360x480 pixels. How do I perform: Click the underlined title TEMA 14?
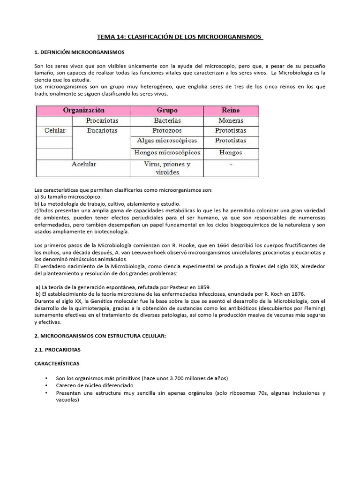click(180, 37)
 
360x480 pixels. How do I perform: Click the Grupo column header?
click(167, 111)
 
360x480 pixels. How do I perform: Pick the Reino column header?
click(230, 111)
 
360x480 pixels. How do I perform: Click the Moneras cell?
click(231, 120)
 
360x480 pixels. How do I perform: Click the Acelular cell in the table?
click(84, 165)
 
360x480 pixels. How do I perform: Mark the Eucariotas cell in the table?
click(102, 130)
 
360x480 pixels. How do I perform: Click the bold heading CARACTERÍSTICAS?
click(58, 363)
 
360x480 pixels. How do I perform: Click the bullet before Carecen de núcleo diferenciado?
click(46, 386)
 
